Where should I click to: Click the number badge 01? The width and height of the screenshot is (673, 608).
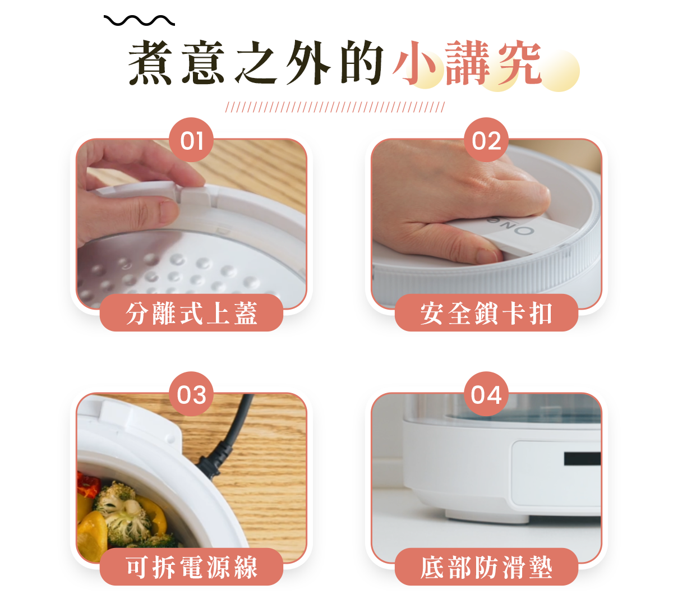[191, 140]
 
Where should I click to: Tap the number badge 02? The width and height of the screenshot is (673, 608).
[486, 140]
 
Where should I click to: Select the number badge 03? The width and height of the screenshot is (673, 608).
[191, 394]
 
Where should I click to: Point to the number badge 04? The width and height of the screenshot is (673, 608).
[486, 394]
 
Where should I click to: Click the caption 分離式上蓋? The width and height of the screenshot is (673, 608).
[192, 313]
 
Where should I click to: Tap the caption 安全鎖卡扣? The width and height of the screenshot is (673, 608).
[486, 313]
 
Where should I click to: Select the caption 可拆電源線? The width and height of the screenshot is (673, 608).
[192, 567]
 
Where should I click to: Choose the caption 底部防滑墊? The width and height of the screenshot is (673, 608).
[486, 567]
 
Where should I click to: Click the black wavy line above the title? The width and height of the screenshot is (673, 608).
[139, 21]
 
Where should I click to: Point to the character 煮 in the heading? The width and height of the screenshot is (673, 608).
[150, 62]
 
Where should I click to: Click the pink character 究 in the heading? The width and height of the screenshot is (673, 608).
[520, 62]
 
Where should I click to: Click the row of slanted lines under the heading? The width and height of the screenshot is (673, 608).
[335, 107]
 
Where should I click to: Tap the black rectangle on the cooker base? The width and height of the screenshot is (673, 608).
[582, 458]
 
